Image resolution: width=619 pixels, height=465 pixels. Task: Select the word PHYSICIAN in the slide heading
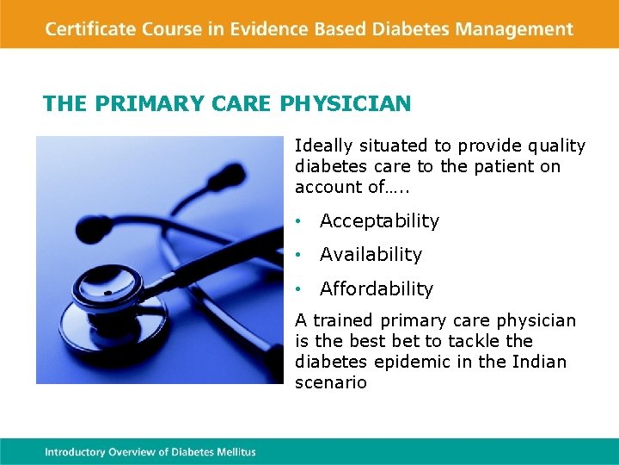(x=346, y=104)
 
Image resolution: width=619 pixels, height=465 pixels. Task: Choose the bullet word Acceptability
(x=379, y=221)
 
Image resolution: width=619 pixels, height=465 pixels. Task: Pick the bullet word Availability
(x=371, y=255)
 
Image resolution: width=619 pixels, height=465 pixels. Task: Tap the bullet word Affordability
(x=377, y=288)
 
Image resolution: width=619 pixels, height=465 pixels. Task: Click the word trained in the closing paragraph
(x=339, y=321)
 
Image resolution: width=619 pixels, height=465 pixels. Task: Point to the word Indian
(x=541, y=362)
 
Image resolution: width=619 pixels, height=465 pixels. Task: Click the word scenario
(x=331, y=382)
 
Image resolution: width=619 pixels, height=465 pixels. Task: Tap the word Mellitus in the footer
(x=235, y=451)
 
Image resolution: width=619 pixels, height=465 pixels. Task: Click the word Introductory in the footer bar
(x=76, y=451)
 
